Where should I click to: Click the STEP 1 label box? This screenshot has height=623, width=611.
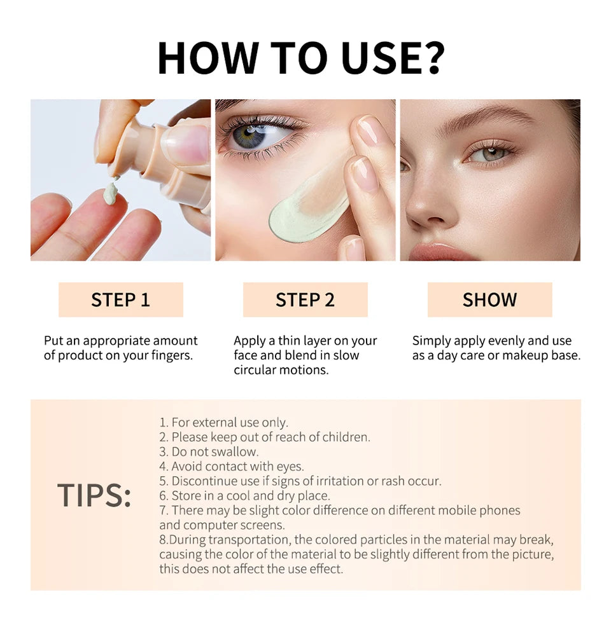[x=120, y=299]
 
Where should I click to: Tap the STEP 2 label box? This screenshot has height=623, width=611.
[x=305, y=299]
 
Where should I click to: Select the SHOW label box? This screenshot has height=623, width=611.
[x=489, y=299]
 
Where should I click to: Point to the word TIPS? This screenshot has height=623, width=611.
[x=94, y=495]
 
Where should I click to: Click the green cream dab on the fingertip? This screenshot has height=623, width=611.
[x=111, y=193]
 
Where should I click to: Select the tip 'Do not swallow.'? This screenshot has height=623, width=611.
[x=209, y=452]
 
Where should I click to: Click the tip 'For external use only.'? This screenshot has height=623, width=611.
[x=223, y=423]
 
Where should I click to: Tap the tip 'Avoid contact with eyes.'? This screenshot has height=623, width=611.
[x=232, y=467]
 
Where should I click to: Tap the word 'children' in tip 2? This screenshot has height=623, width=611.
[x=346, y=437]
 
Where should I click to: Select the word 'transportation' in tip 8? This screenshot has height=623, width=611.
[x=251, y=540]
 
